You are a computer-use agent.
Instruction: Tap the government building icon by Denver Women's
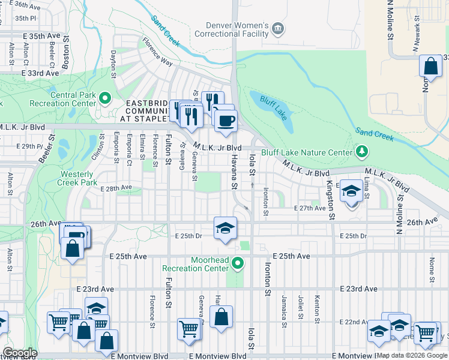click(277, 28)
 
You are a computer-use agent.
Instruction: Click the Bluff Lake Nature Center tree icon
click(361, 151)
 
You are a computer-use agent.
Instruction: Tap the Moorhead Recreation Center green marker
click(238, 263)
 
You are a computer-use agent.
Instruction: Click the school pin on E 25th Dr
click(225, 229)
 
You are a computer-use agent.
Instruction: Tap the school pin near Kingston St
click(351, 191)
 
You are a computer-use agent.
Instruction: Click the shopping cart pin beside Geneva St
click(188, 329)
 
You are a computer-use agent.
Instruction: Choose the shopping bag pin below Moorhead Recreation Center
click(221, 317)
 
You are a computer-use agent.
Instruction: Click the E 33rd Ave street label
click(40, 73)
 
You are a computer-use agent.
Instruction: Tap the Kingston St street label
click(330, 187)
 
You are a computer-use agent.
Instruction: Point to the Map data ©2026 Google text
click(411, 355)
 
